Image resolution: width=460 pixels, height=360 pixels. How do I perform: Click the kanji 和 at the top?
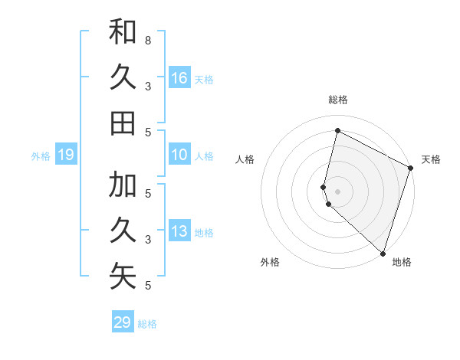pos(123,32)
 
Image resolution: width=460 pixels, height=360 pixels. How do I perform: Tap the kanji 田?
pos(123,123)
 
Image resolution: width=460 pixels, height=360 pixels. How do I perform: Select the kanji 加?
pos(123,185)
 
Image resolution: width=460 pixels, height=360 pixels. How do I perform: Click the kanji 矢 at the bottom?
pos(123,277)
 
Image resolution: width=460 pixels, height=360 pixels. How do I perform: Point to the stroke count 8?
pos(148,40)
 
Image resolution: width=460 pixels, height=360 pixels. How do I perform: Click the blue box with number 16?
pos(179,77)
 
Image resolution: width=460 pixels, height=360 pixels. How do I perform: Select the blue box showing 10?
pos(179,155)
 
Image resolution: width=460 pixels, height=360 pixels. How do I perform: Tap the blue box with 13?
pos(179,231)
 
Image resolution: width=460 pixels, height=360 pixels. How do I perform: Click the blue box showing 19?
pos(66,155)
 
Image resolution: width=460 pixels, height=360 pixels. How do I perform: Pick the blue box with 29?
pos(123,322)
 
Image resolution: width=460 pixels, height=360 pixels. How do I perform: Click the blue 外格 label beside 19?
pos(41,156)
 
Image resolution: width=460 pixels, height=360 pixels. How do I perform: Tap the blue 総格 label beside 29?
pos(147,324)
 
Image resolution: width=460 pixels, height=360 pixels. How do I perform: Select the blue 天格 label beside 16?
pos(204,79)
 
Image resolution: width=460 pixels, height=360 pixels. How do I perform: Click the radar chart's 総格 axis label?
pos(338,100)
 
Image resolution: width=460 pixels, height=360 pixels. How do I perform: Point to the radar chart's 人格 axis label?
pos(245,159)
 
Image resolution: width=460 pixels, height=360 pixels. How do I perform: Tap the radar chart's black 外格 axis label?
pos(270,262)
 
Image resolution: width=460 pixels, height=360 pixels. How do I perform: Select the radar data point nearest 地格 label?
pos(383,253)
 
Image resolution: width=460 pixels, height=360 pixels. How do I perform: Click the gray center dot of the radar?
pos(338,191)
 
